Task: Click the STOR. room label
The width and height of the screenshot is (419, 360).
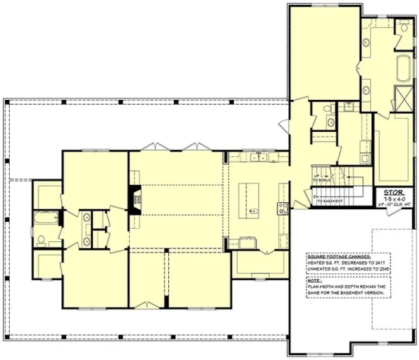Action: point(393,192)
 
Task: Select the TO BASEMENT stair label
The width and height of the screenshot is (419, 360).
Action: point(330,201)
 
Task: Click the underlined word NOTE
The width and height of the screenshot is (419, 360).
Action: point(314,280)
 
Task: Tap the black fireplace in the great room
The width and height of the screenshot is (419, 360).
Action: point(134,200)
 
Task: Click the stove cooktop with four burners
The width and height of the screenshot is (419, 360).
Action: point(282,209)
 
